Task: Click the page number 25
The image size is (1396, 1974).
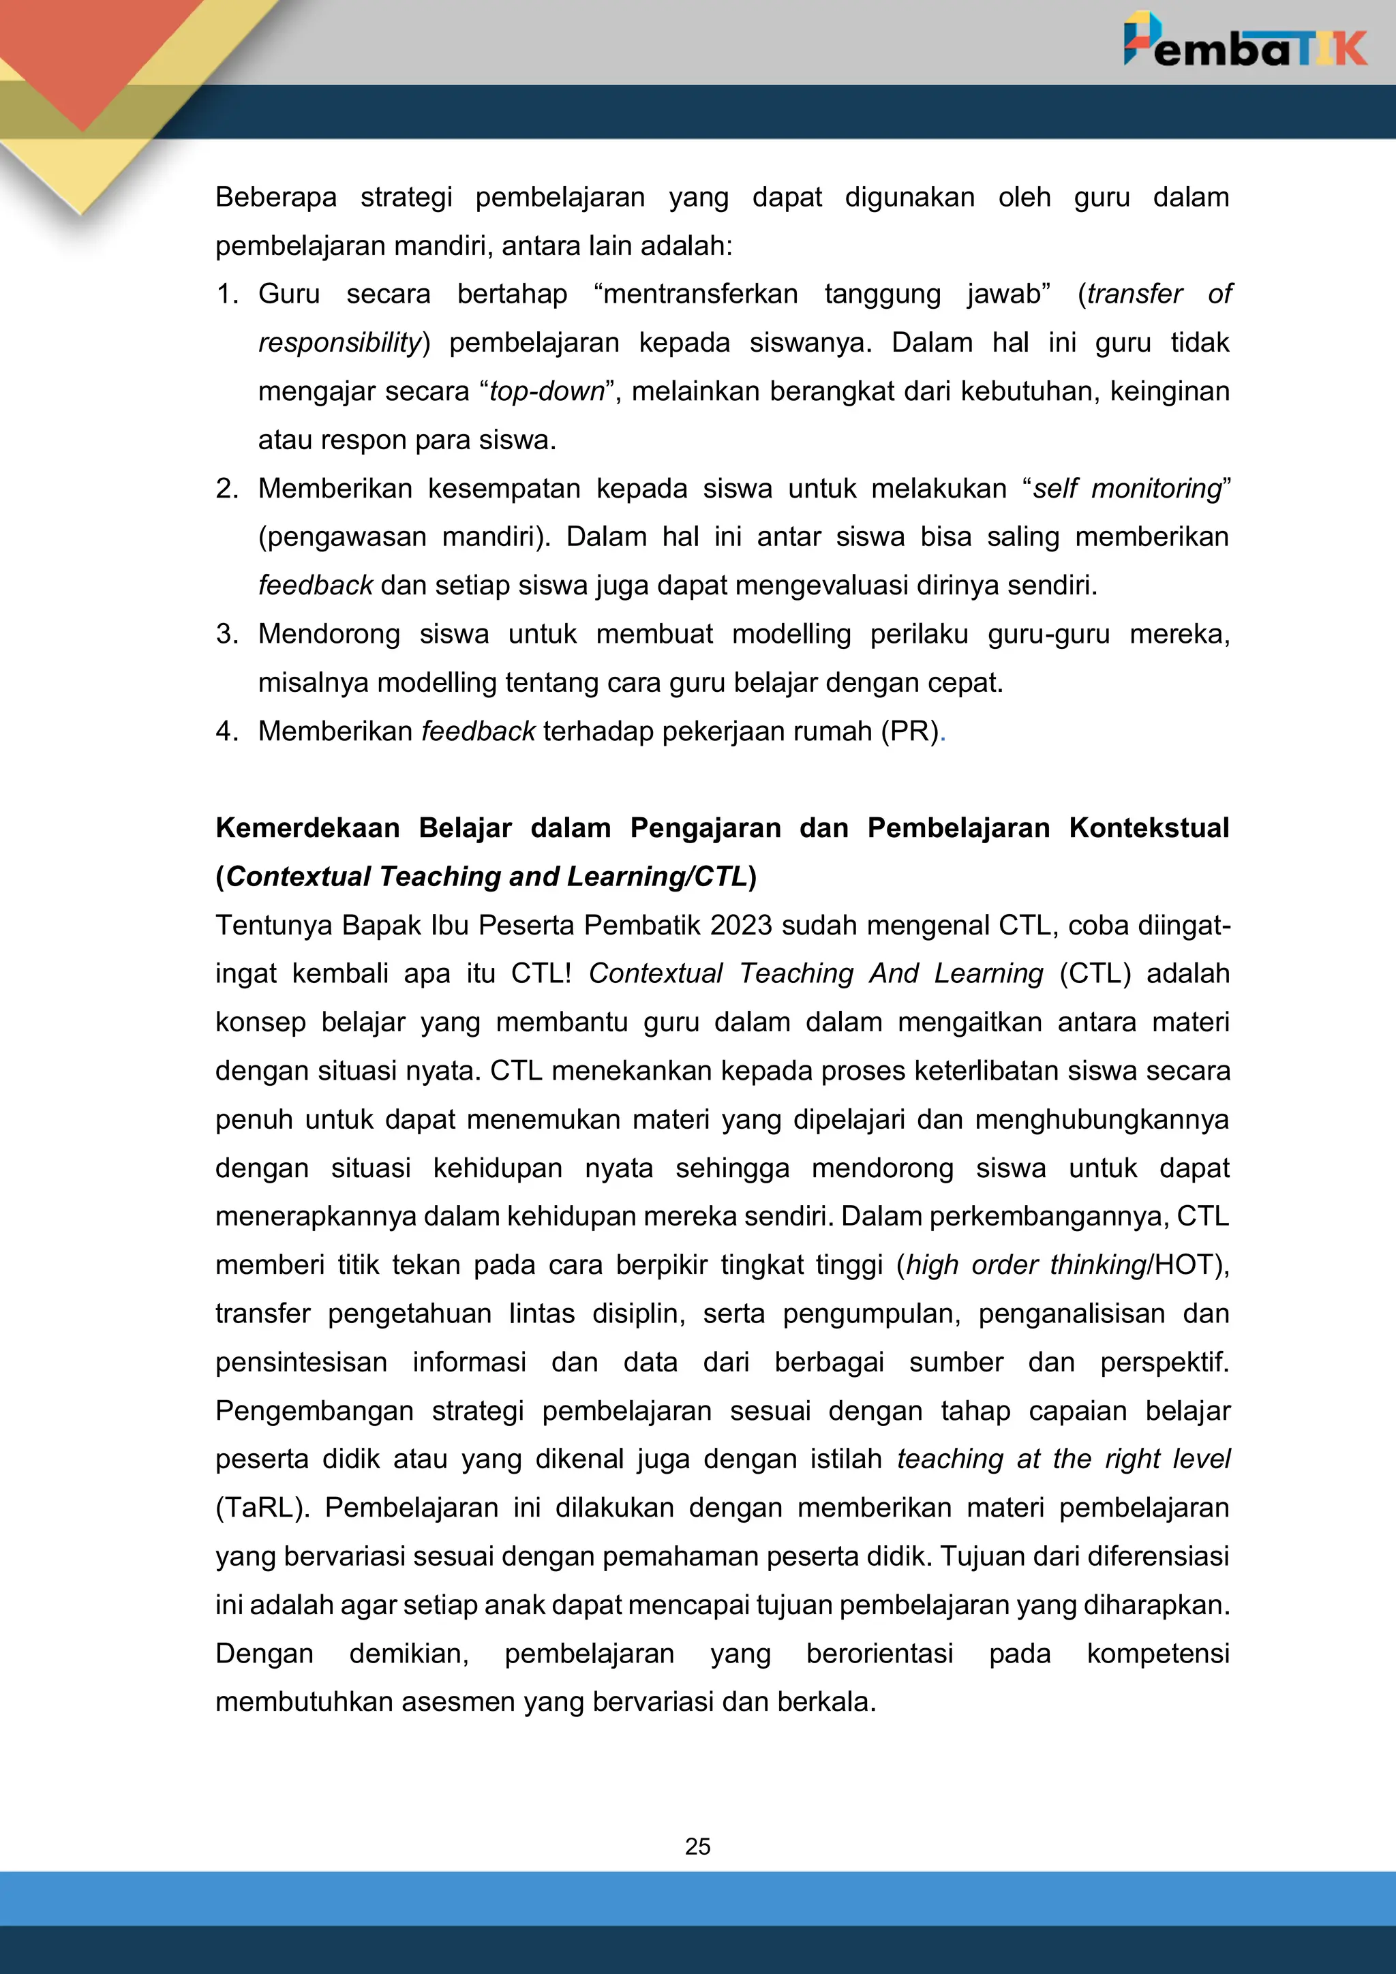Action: (697, 1846)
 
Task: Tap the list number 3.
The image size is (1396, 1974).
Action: (227, 634)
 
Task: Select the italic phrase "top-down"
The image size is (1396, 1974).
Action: (547, 391)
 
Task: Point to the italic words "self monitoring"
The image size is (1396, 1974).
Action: (1126, 488)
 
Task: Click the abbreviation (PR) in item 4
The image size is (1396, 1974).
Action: (909, 731)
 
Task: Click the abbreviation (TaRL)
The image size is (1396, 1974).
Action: (261, 1508)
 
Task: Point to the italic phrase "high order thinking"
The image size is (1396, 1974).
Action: (1027, 1264)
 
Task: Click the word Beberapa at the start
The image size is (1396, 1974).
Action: (276, 197)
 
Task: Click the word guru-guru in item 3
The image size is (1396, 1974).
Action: (1048, 634)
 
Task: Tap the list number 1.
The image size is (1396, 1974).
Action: (227, 294)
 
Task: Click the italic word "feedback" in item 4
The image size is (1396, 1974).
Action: (478, 731)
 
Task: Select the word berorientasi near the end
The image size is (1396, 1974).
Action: (879, 1654)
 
